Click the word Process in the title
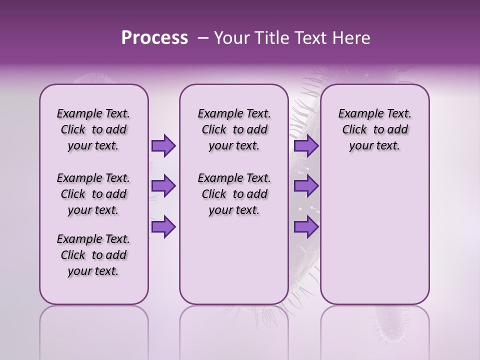click(x=154, y=38)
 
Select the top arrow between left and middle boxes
click(x=163, y=145)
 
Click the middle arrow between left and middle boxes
click(x=163, y=186)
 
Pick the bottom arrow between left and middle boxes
click(x=163, y=227)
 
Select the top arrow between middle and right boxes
click(x=306, y=145)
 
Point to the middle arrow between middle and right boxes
click(x=306, y=186)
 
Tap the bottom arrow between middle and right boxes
click(x=306, y=227)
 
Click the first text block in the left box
click(x=93, y=129)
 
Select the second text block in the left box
click(x=93, y=194)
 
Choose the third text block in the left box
click(x=93, y=255)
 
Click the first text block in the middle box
click(x=234, y=129)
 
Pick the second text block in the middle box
click(x=234, y=194)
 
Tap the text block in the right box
click(x=374, y=129)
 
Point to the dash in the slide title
click(x=203, y=38)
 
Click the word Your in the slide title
click(x=229, y=38)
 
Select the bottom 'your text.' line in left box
click(x=93, y=271)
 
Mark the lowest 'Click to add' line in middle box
click(x=234, y=194)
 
